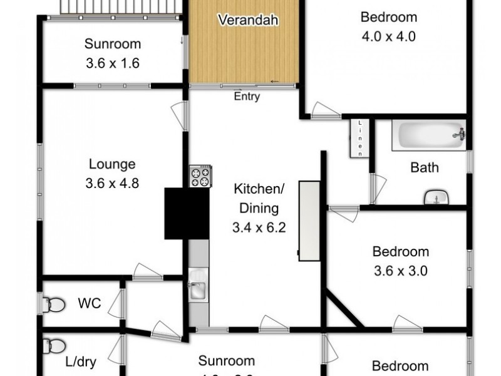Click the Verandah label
point(248,20)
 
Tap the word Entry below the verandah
point(247,97)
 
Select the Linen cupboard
point(360,138)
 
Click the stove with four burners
point(200,176)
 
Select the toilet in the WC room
point(54,305)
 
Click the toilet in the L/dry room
point(54,347)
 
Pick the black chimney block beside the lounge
point(187,213)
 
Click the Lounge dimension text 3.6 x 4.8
point(112,184)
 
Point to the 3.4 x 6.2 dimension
point(259,228)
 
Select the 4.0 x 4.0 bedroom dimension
point(388,36)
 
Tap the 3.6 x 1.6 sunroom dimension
point(113,63)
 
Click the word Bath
point(425,167)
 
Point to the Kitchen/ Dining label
point(259,198)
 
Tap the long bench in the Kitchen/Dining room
point(309,221)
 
